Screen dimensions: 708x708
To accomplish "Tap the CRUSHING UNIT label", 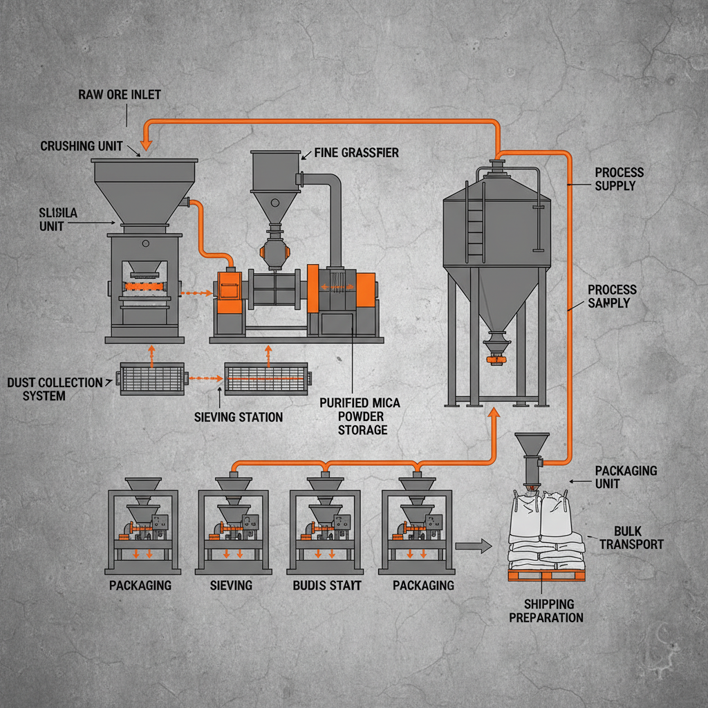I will coord(81,146).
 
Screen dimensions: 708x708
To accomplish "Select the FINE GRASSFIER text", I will coord(356,153).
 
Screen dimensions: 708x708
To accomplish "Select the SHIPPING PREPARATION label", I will coord(546,611).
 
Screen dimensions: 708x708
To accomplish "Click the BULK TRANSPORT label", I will coord(631,537).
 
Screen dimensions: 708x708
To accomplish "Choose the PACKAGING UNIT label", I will coord(626,476).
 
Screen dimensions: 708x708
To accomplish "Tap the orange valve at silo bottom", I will coord(495,359).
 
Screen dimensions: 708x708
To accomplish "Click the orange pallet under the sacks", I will coord(546,575).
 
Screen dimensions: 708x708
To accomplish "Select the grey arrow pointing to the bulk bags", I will coord(474,546).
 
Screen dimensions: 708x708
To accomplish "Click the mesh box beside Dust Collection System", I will coord(153,378).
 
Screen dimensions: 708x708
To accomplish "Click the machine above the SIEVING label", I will coord(232,525).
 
